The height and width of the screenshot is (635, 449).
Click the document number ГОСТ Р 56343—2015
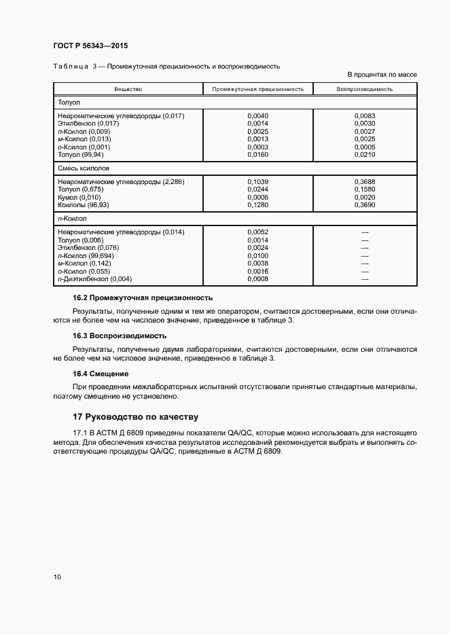[x=90, y=46]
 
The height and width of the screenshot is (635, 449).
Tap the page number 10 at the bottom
[x=57, y=577]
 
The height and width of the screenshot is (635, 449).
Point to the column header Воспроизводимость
[x=364, y=89]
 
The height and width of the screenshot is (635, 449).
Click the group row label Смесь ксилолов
[x=84, y=167]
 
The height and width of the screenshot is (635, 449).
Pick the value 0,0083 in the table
[x=365, y=116]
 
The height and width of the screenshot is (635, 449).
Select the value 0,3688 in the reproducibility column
[x=365, y=182]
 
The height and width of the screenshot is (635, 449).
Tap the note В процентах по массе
[x=382, y=74]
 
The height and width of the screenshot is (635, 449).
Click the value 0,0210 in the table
[x=365, y=155]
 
